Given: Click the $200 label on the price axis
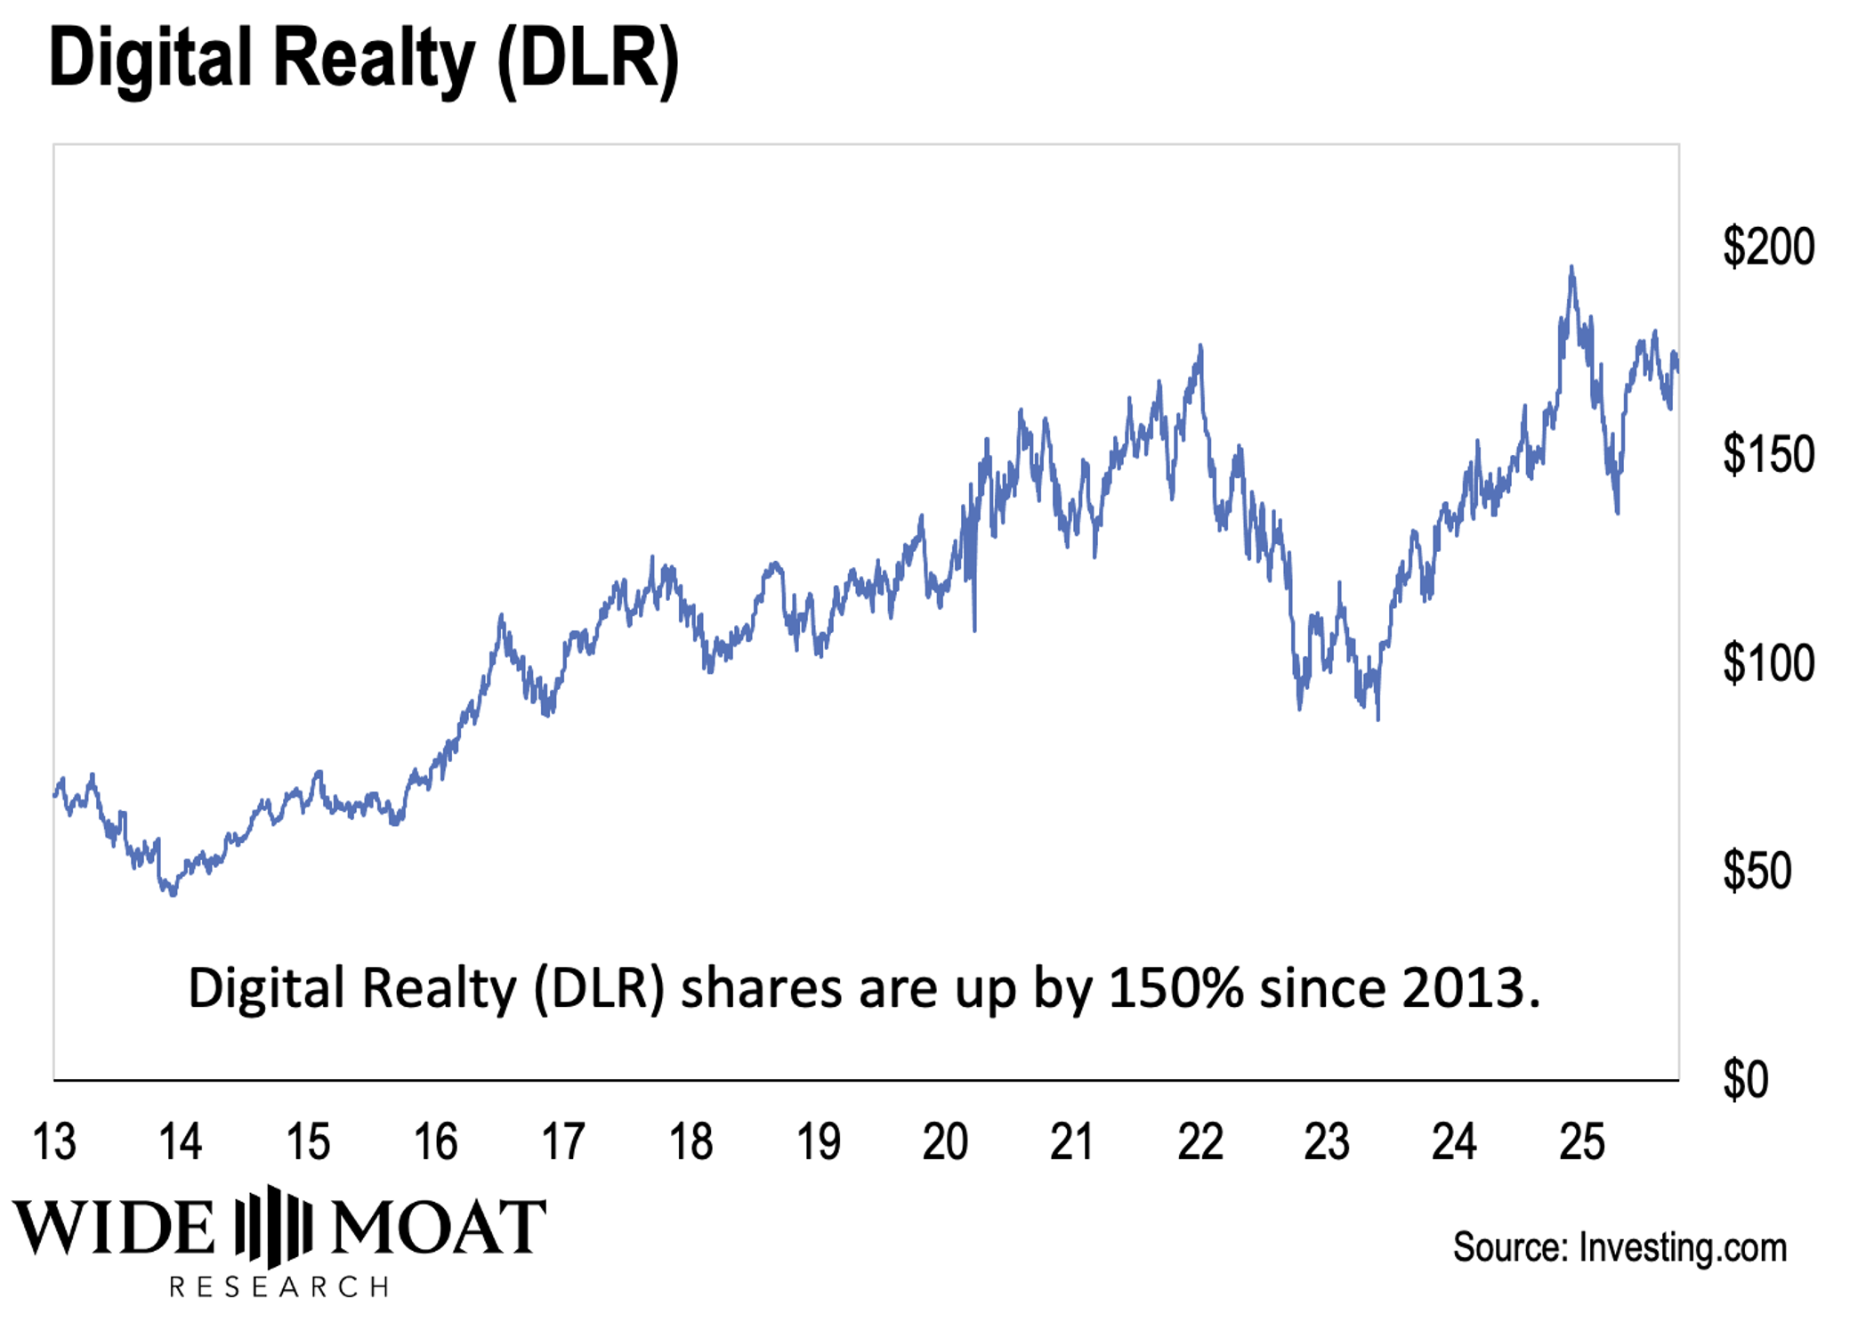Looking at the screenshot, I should (x=1767, y=248).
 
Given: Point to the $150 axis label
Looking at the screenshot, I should (x=1767, y=455).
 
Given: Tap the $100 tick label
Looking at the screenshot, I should (x=1767, y=663).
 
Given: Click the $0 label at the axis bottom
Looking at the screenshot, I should (x=1745, y=1080).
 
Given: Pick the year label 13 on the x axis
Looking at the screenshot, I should (x=54, y=1141).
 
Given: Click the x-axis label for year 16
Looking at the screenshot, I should (x=436, y=1141).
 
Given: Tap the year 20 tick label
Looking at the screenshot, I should (x=945, y=1141).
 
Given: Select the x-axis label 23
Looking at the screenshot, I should (x=1327, y=1141).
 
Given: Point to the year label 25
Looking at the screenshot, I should (x=1582, y=1141).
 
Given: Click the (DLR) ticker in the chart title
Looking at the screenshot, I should (x=588, y=60).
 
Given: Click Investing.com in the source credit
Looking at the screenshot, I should (x=1682, y=1247).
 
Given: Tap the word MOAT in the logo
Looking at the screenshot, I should (x=439, y=1227).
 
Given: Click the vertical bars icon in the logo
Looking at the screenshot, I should (x=274, y=1226).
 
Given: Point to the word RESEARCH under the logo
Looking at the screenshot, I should (x=279, y=1286).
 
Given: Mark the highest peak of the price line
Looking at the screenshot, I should (x=1571, y=267).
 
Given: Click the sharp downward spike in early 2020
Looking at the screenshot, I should (x=974, y=628).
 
